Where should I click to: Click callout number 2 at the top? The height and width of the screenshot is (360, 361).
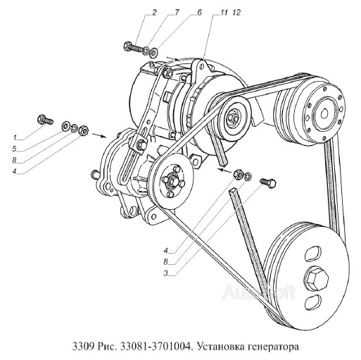(x=154, y=12)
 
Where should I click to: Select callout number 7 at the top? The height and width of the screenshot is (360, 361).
(x=176, y=12)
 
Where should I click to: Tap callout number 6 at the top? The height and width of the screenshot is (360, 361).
(x=199, y=12)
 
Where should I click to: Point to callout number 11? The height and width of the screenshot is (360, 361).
(x=224, y=12)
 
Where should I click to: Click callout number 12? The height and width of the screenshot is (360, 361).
(x=237, y=12)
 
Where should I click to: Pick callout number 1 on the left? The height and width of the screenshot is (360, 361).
(x=15, y=137)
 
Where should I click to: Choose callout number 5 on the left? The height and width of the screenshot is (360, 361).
(x=15, y=149)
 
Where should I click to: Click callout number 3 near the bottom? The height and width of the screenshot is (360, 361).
(x=166, y=273)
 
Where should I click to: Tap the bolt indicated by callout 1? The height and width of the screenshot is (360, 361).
(x=45, y=119)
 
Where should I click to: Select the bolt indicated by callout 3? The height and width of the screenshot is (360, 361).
(x=268, y=182)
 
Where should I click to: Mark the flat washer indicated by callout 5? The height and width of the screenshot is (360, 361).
(x=65, y=125)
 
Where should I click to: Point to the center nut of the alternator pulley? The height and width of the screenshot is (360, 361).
(x=234, y=117)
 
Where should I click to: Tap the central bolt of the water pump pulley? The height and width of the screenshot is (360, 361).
(x=172, y=180)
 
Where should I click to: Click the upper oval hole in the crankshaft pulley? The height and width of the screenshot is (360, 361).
(x=312, y=253)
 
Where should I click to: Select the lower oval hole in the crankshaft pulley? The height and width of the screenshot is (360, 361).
(x=312, y=301)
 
